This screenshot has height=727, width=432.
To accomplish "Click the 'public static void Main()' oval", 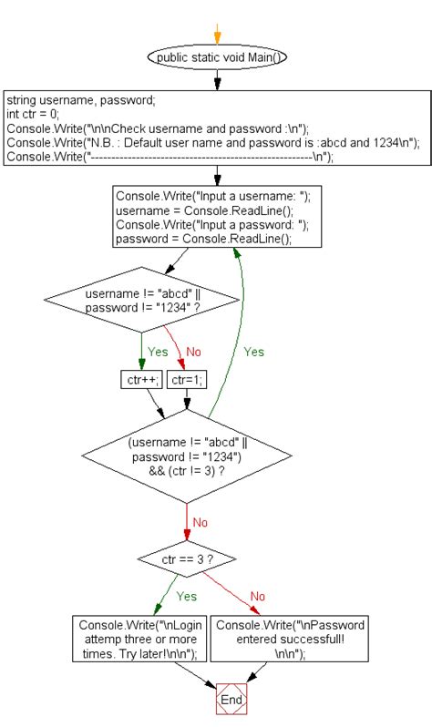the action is click(x=217, y=57).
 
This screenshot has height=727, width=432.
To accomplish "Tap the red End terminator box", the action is click(x=231, y=699).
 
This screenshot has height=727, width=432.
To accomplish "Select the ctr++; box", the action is click(x=141, y=380).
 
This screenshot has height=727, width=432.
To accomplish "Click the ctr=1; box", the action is click(x=187, y=380).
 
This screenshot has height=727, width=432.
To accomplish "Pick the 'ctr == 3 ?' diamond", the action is click(x=187, y=559).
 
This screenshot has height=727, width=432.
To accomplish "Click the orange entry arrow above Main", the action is click(x=217, y=34).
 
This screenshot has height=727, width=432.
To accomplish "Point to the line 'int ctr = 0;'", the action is click(x=33, y=114).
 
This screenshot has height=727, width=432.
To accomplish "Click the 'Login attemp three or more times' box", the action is click(x=139, y=639).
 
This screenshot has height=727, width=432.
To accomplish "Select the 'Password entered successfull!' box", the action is click(x=290, y=639).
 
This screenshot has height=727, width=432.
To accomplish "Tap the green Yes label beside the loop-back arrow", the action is click(x=253, y=352).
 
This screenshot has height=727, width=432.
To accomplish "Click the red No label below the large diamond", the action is click(x=200, y=523).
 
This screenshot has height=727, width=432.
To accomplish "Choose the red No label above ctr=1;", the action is click(x=193, y=352).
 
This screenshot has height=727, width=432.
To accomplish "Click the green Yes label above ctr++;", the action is click(x=158, y=352).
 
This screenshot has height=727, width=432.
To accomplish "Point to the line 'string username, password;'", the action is click(x=81, y=100).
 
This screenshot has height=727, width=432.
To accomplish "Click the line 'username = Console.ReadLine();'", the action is click(x=205, y=210).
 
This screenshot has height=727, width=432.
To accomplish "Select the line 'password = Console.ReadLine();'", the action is click(x=204, y=239).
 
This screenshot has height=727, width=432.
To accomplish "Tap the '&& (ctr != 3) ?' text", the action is click(x=187, y=471).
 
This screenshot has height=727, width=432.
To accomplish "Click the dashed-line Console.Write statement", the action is click(x=170, y=157).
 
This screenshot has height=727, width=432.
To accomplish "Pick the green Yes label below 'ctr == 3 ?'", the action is click(x=187, y=596).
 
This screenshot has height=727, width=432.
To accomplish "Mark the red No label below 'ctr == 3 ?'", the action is click(x=258, y=596).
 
